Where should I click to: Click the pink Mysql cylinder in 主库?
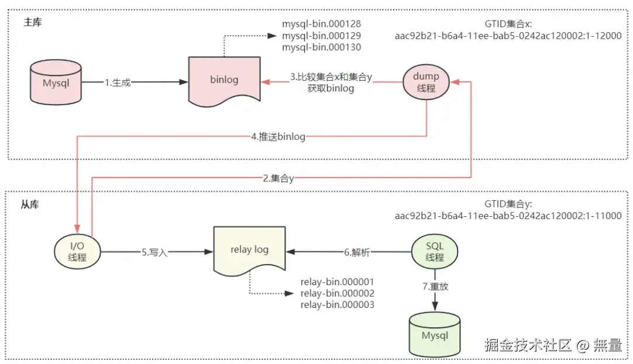(x=56, y=83)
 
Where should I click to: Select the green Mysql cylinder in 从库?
(x=435, y=335)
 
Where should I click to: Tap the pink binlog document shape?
(x=224, y=80)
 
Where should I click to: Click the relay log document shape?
(x=249, y=250)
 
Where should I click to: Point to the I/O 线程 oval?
(x=77, y=252)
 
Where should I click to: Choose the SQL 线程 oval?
(x=435, y=252)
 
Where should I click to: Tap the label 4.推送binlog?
(x=278, y=137)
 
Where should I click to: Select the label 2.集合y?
(x=278, y=179)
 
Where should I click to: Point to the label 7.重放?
(x=435, y=287)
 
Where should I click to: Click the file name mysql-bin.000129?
(x=321, y=36)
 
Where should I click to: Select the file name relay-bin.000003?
(x=337, y=304)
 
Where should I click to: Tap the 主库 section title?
(x=32, y=22)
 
